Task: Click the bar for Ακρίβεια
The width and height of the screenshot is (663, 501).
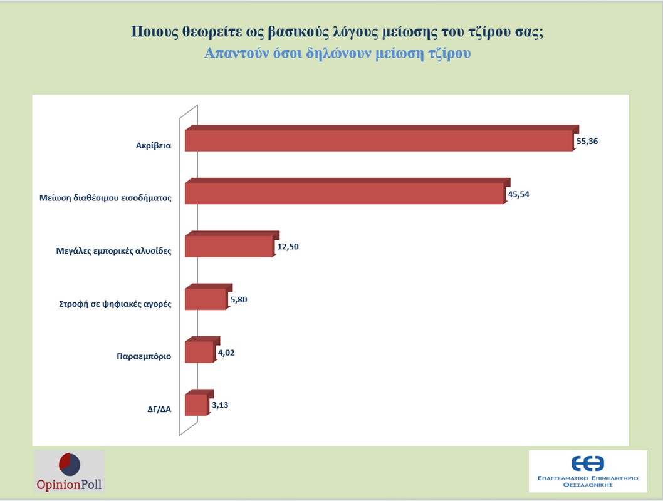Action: (x=378, y=141)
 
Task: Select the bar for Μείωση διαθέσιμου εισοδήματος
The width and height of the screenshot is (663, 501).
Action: (x=344, y=194)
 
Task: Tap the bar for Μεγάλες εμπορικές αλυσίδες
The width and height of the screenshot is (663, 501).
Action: (x=229, y=246)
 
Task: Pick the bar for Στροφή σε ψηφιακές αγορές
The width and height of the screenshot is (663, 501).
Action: (x=206, y=299)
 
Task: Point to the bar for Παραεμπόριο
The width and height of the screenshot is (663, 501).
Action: (x=200, y=352)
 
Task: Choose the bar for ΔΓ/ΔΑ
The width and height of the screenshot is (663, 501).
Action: (x=196, y=405)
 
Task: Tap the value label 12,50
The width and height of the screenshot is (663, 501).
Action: (x=288, y=247)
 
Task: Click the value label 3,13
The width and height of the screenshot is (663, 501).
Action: (x=220, y=405)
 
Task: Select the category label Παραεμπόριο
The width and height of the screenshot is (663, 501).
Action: (x=144, y=357)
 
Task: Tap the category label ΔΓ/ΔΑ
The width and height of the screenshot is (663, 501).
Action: (x=155, y=410)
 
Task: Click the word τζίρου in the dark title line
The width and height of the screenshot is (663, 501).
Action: (x=479, y=32)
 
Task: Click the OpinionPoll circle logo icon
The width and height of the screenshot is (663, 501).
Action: (x=69, y=465)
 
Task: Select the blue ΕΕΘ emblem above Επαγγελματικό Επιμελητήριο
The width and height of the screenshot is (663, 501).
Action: (x=587, y=463)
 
